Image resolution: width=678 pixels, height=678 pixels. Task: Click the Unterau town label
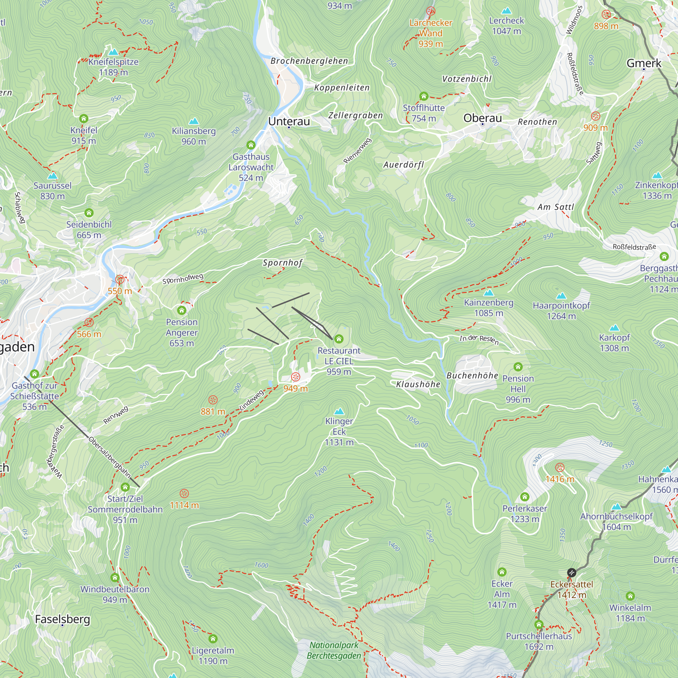289,121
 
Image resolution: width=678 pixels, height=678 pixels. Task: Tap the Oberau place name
482,118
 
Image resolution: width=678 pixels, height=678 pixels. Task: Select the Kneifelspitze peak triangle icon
113,52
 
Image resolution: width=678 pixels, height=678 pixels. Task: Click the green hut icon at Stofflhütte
423,96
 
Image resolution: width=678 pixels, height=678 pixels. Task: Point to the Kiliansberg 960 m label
193,136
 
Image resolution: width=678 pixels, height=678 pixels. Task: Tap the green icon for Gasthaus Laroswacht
251,145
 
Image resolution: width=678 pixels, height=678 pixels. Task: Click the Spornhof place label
282,263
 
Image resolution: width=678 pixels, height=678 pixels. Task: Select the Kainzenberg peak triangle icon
488,293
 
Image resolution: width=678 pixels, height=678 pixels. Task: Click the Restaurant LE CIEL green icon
339,339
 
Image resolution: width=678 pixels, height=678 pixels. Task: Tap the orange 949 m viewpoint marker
296,377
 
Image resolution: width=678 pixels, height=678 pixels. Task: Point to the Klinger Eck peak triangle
339,411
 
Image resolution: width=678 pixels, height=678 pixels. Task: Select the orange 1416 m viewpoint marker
560,468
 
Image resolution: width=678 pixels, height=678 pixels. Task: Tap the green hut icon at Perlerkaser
525,497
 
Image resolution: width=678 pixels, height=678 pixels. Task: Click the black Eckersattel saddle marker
571,573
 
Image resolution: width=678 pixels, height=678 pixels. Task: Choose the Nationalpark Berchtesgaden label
334,650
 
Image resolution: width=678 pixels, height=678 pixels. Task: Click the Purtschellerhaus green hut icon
539,624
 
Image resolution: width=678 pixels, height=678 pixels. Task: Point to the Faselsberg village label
62,619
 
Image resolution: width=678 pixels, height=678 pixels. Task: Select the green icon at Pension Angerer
181,310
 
